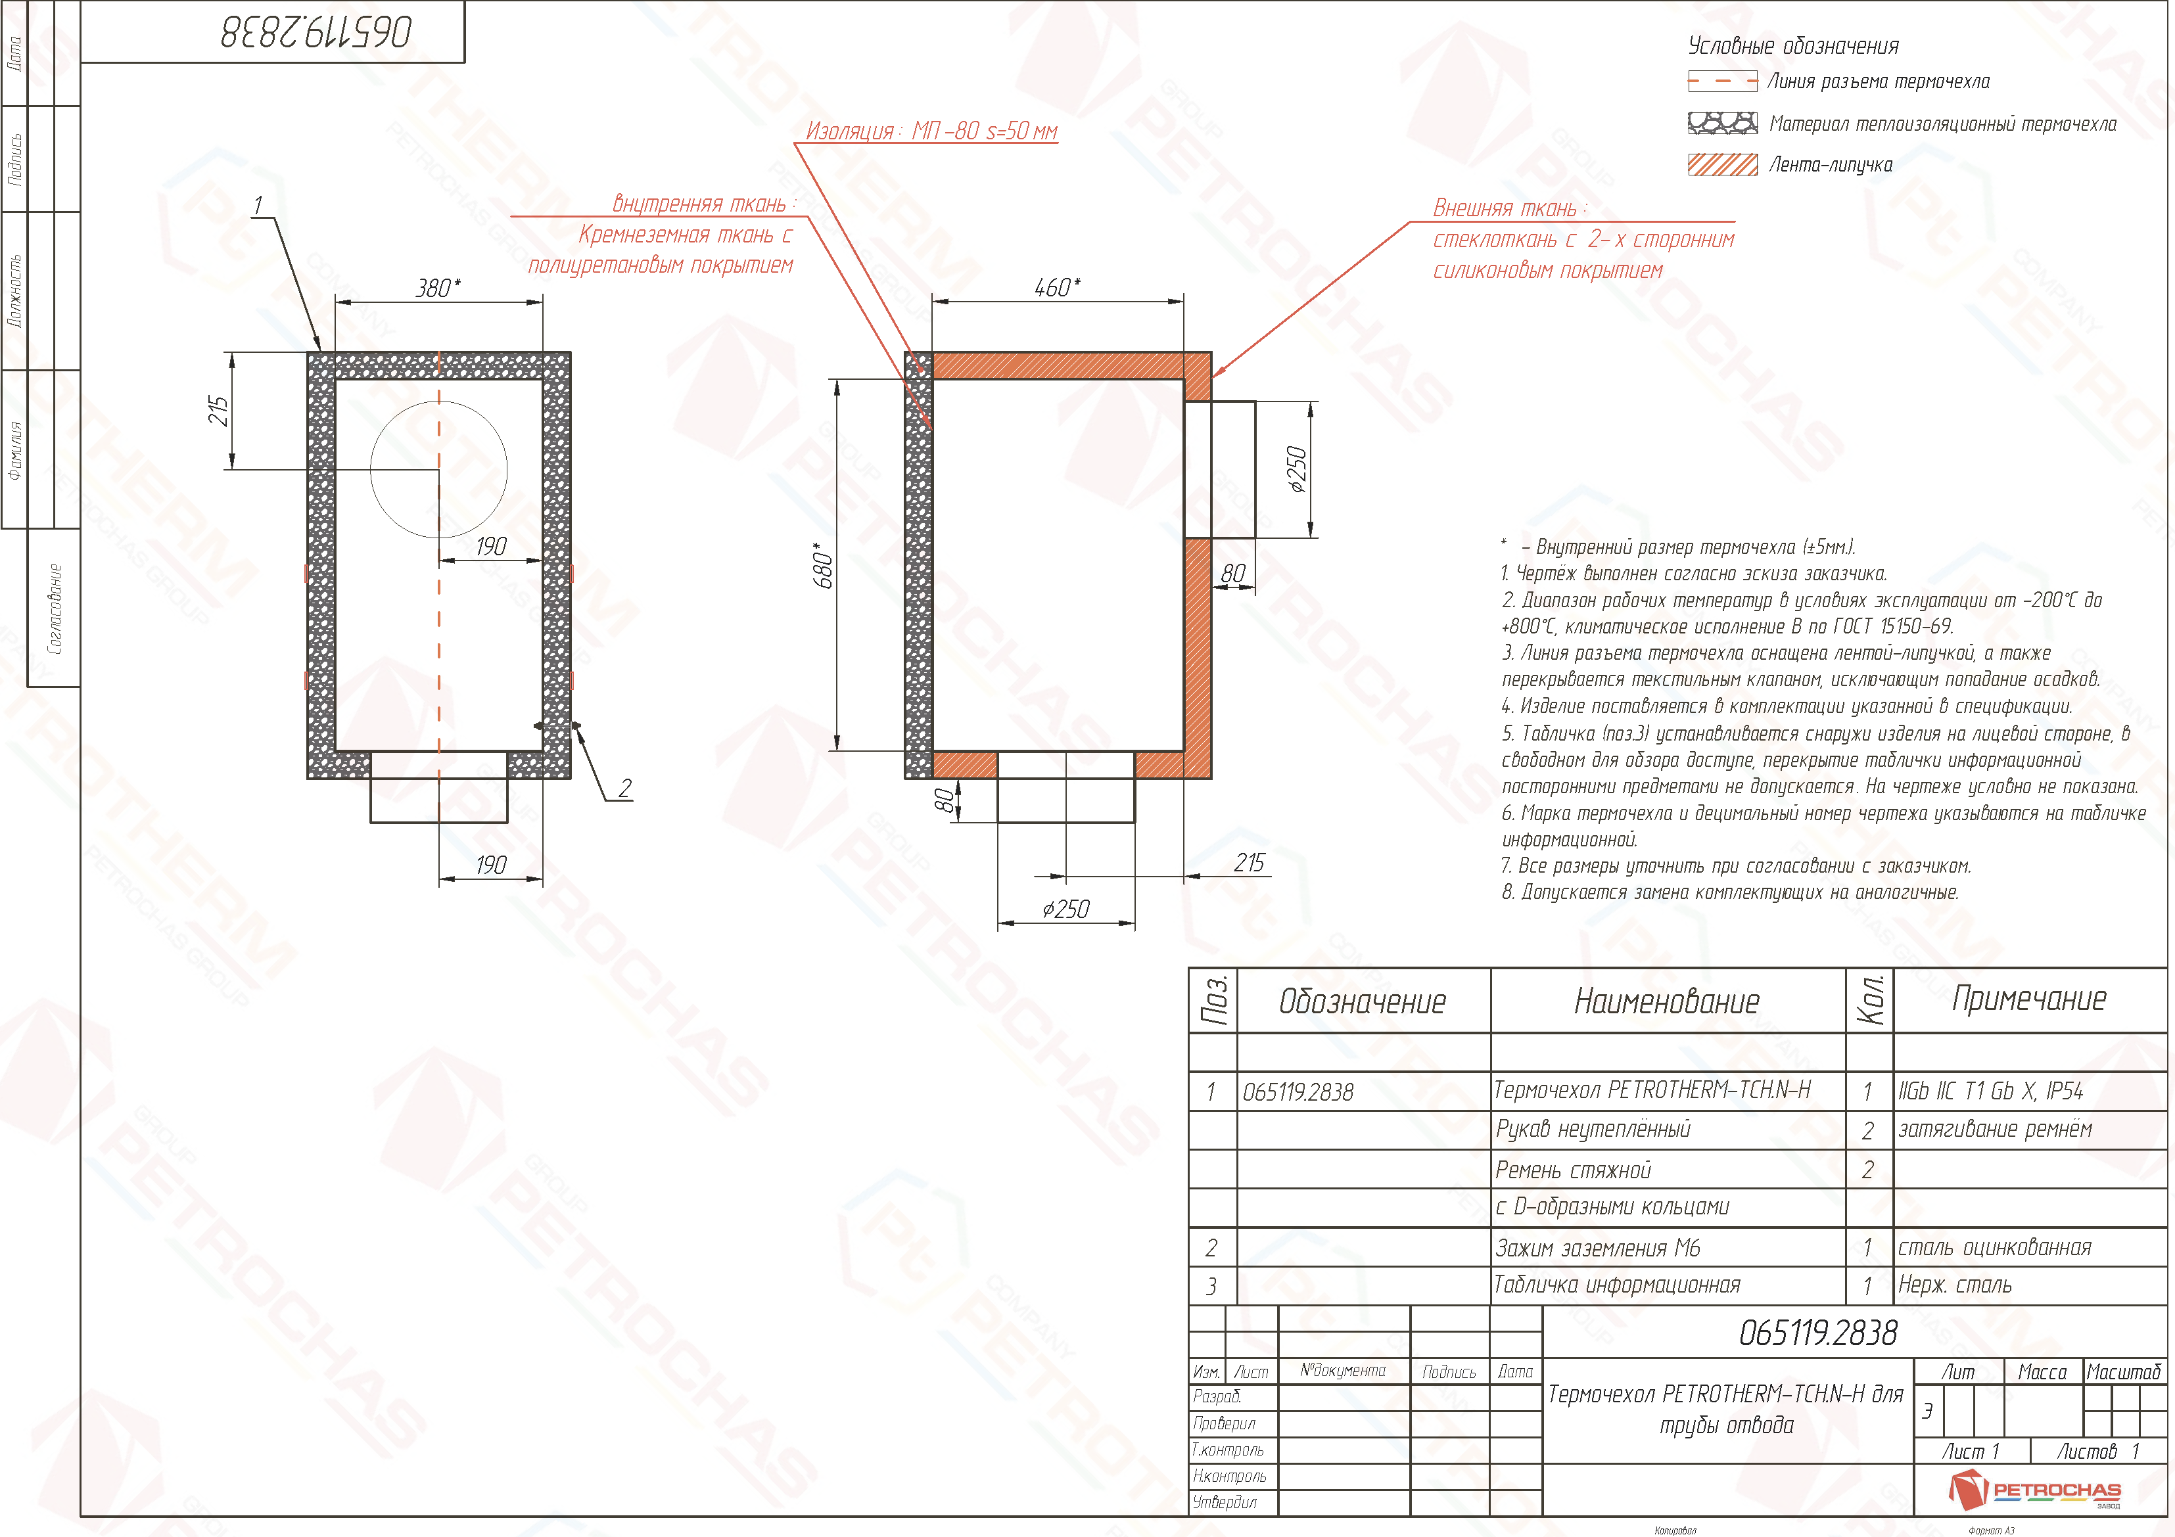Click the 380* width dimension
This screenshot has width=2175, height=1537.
438,288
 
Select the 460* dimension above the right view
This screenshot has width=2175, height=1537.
1057,287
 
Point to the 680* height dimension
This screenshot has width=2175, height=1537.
824,565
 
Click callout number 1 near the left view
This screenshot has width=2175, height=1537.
258,206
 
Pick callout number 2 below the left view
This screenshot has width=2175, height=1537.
624,788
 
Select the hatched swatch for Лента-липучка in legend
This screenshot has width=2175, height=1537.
1722,165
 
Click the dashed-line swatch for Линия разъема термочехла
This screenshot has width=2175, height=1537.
1722,81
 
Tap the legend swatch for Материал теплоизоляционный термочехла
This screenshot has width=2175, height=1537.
1722,123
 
